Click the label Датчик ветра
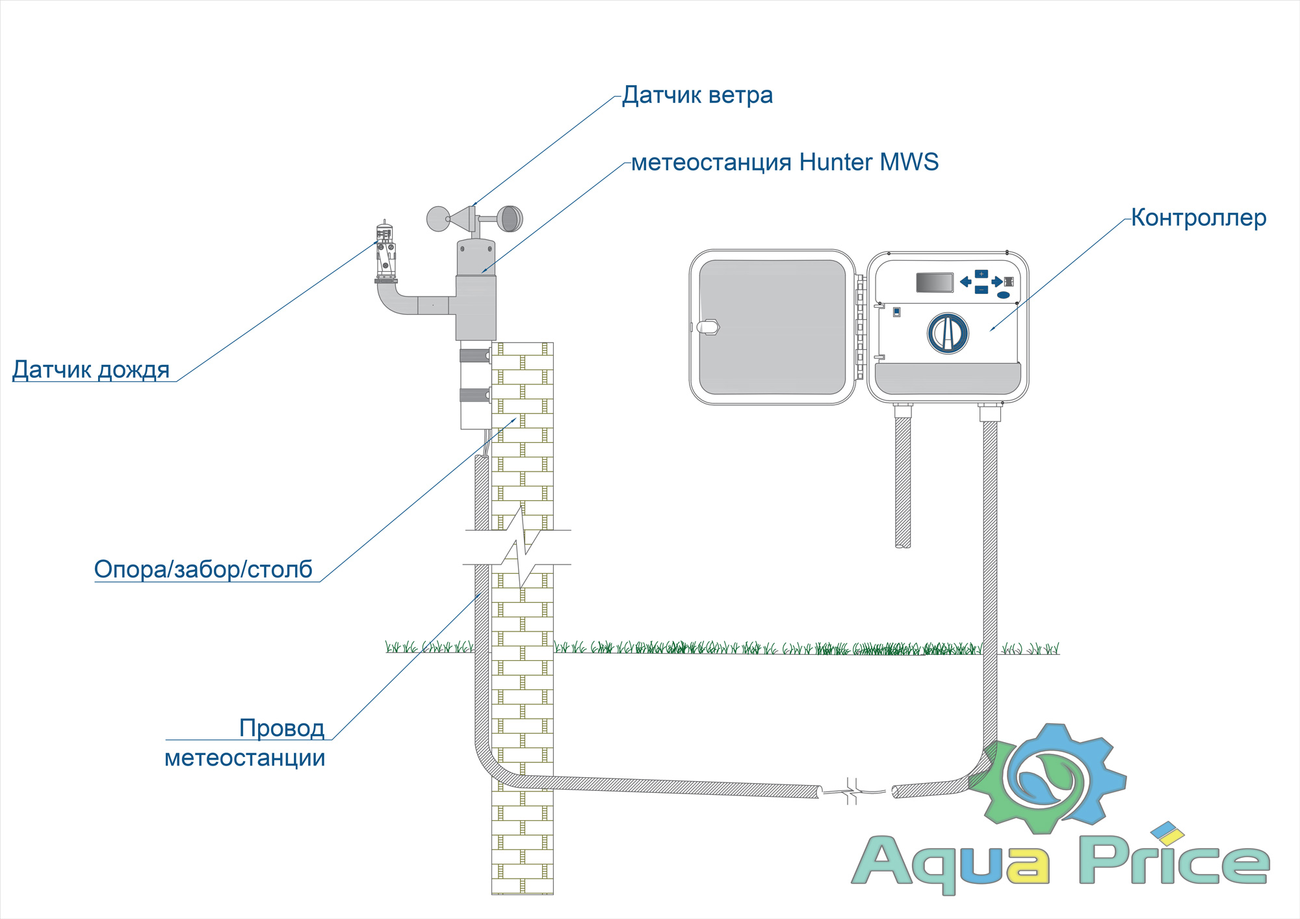coord(697,96)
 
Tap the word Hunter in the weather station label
coord(835,162)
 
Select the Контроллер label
coord(1198,218)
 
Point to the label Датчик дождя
coord(91,369)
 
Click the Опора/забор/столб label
coord(203,569)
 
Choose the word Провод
coord(281,728)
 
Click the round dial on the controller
coord(947,333)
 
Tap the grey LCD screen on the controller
coord(934,282)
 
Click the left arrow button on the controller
coord(966,282)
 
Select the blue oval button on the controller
coord(1003,295)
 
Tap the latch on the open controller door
coord(708,326)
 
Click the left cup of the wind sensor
coord(437,219)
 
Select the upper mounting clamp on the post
coord(474,356)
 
